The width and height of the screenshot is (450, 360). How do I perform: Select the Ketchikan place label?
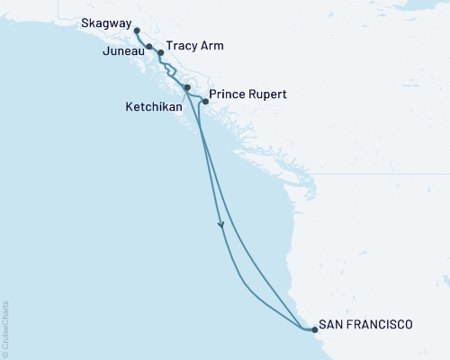tap(153, 106)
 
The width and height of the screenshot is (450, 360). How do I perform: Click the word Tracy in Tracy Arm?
tap(182, 46)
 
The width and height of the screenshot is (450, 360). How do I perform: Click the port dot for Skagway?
tap(137, 31)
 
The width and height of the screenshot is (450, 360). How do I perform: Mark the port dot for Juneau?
tap(148, 46)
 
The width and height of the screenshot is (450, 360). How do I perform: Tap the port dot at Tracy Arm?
tap(161, 52)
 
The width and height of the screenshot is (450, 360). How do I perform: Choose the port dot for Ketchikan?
tap(186, 87)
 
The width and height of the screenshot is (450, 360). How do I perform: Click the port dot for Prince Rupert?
tap(205, 101)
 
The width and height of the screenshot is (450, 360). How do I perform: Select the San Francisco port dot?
tap(314, 330)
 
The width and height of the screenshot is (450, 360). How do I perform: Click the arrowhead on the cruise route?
tap(220, 226)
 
